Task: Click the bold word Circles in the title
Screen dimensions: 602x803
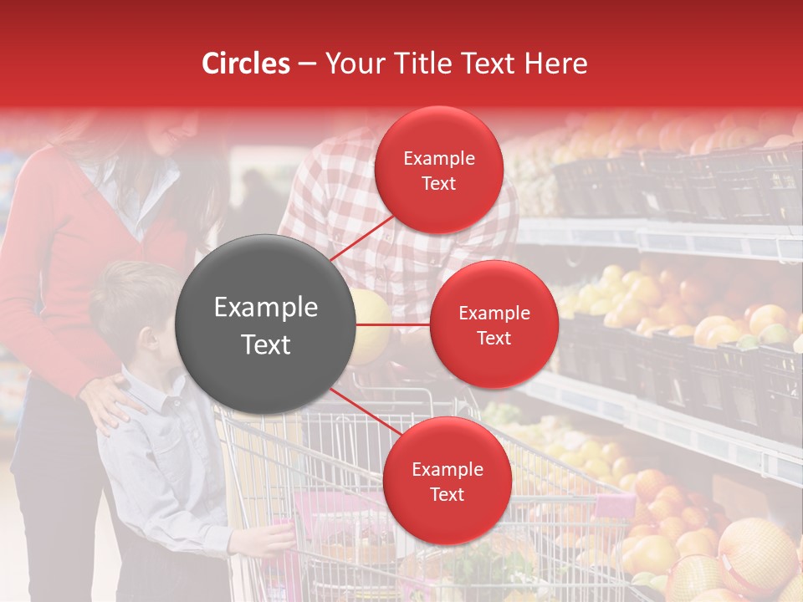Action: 245,64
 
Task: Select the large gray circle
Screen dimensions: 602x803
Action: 266,324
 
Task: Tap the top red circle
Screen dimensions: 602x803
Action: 438,171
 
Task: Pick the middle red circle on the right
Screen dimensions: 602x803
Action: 494,324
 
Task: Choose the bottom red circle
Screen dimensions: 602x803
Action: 447,481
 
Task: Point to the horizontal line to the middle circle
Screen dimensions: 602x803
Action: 393,324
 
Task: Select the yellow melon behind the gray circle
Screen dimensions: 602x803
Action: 372,326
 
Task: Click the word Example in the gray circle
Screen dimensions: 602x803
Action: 266,308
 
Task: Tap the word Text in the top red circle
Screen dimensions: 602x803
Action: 438,184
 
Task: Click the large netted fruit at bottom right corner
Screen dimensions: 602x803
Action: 757,556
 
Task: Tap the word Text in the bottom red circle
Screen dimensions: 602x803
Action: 447,494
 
